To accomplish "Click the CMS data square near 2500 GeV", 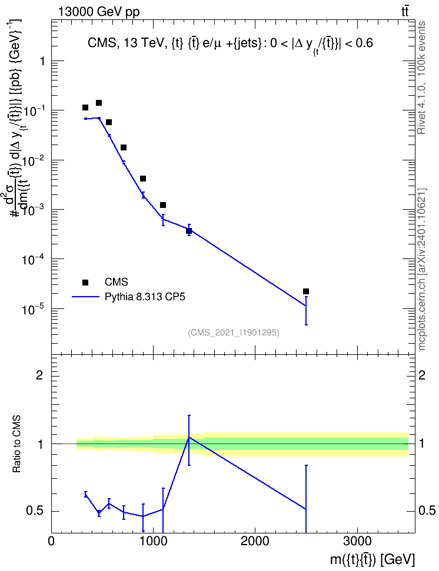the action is pyautogui.click(x=306, y=291).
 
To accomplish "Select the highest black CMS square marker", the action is pyautogui.click(x=98, y=103).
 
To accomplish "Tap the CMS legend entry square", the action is pyautogui.click(x=85, y=282).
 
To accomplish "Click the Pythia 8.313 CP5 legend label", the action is pyautogui.click(x=145, y=297).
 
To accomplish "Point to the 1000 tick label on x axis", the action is pyautogui.click(x=153, y=541).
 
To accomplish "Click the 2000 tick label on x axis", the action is pyautogui.click(x=255, y=541).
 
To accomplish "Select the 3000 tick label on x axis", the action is pyautogui.click(x=357, y=541).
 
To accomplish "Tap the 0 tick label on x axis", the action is pyautogui.click(x=51, y=541).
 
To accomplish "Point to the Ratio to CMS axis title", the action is pyautogui.click(x=16, y=444).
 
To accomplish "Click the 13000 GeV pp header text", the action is pyautogui.click(x=98, y=12).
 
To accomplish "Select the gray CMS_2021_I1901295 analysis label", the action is pyautogui.click(x=234, y=332).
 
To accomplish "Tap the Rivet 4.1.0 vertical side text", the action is pyautogui.click(x=421, y=78).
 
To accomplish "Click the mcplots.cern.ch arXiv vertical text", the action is pyautogui.click(x=421, y=269).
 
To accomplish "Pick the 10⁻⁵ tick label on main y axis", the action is pyautogui.click(x=32, y=309).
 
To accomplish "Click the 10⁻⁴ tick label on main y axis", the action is pyautogui.click(x=32, y=259).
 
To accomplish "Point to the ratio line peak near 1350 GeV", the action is pyautogui.click(x=189, y=437).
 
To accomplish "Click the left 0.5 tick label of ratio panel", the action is pyautogui.click(x=35, y=511).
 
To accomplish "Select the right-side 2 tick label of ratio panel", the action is pyautogui.click(x=422, y=375).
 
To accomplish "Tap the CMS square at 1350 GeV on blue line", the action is pyautogui.click(x=189, y=231).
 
